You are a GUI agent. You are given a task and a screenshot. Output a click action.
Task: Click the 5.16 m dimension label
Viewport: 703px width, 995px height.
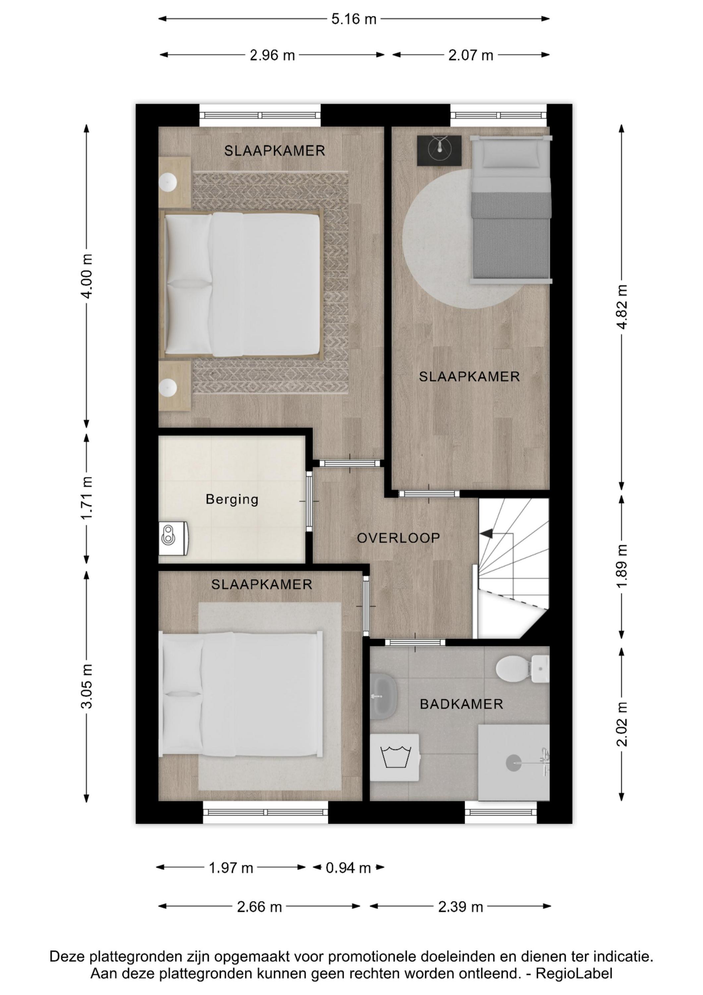tap(354, 19)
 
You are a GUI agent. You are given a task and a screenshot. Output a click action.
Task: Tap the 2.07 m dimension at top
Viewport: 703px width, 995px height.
tap(471, 55)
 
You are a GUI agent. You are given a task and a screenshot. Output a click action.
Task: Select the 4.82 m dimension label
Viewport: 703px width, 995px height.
tap(622, 307)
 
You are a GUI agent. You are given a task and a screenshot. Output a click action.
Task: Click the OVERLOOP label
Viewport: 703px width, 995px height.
tap(398, 538)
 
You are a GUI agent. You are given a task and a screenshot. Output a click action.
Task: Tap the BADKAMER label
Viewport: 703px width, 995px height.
tap(462, 704)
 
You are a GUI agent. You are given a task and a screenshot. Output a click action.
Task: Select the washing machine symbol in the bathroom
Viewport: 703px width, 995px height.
tap(395, 757)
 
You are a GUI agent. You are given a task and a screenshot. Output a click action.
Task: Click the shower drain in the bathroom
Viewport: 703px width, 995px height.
tap(514, 763)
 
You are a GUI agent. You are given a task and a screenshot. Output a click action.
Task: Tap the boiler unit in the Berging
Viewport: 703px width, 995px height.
tap(174, 538)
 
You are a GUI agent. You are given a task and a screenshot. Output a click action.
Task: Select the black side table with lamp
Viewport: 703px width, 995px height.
tap(439, 150)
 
